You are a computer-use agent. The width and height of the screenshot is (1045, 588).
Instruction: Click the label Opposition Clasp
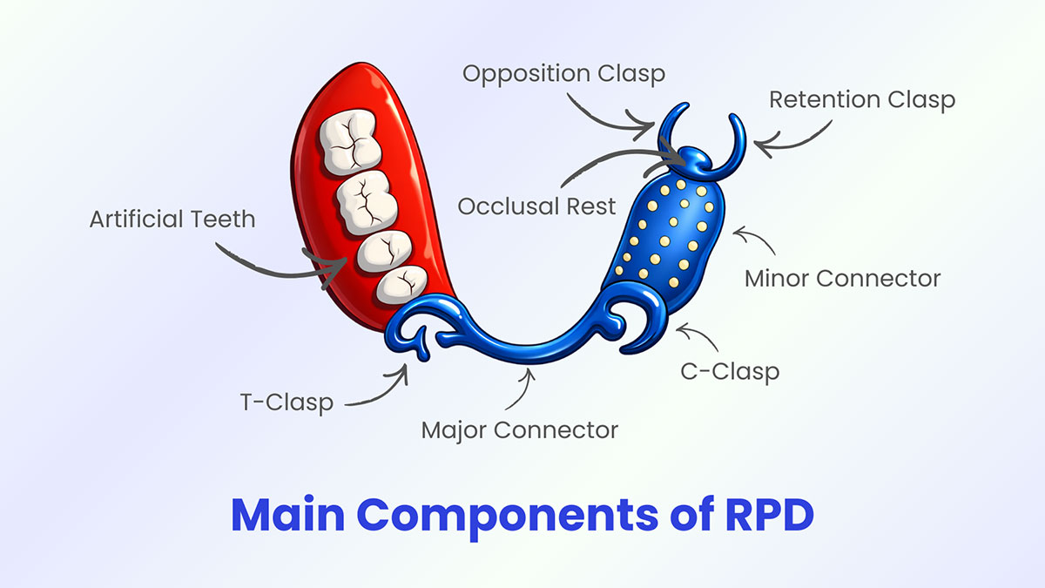click(563, 73)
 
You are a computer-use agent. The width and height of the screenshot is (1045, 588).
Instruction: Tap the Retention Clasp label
click(861, 99)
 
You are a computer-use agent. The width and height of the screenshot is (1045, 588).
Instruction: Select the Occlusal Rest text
click(536, 206)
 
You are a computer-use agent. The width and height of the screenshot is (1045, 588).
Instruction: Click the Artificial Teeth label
click(172, 218)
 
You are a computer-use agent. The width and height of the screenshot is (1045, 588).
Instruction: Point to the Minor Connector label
click(842, 279)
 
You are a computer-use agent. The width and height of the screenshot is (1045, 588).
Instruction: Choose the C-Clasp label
click(729, 371)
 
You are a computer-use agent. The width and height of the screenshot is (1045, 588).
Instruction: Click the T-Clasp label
click(287, 402)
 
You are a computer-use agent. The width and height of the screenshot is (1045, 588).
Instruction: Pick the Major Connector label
click(519, 429)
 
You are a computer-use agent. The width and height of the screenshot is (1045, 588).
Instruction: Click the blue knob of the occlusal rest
click(694, 159)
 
